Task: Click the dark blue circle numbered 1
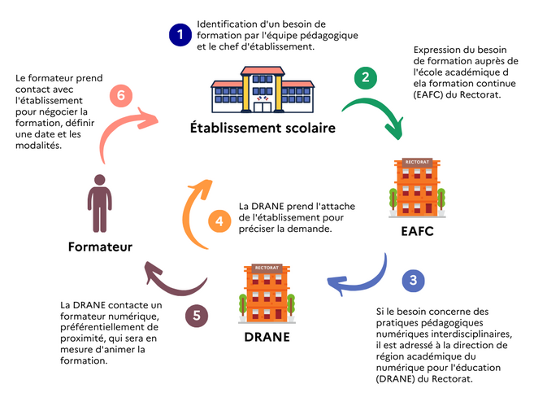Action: point(178,35)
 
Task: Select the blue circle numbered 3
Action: point(414,280)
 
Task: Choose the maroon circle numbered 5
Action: point(196,316)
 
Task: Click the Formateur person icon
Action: point(100,203)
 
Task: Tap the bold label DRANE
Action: point(267,337)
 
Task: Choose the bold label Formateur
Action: point(100,246)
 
